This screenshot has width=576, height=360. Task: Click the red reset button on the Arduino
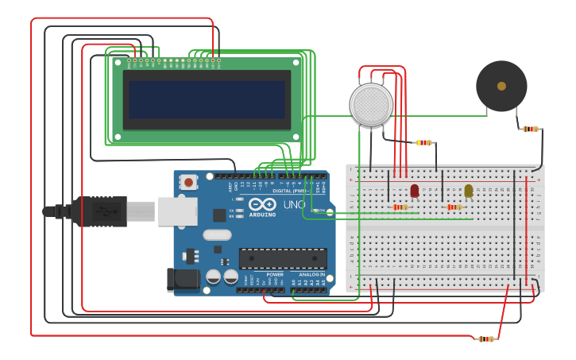[x=188, y=182]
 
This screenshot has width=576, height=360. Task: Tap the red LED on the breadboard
[x=415, y=191]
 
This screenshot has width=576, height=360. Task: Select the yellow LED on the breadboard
[x=469, y=191]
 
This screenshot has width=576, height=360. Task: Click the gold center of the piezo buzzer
[x=501, y=86]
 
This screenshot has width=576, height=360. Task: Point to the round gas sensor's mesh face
[x=371, y=104]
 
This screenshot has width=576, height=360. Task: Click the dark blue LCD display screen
[x=207, y=99]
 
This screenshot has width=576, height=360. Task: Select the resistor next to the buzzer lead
[x=531, y=129]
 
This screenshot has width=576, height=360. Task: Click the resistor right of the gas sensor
[x=424, y=143]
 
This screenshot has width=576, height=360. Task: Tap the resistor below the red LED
[x=401, y=207]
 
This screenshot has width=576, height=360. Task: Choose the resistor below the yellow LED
[x=454, y=207]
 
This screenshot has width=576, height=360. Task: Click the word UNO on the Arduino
[x=295, y=204]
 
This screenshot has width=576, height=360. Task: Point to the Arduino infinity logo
[x=262, y=204]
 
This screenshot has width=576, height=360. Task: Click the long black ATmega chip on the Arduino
[x=283, y=258]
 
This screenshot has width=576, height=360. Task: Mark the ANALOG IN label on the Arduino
[x=311, y=274]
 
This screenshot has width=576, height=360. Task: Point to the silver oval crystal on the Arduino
[x=217, y=234]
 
